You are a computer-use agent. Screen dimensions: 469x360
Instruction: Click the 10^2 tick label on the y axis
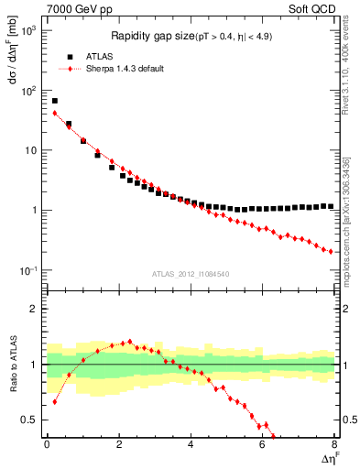pos(27,91)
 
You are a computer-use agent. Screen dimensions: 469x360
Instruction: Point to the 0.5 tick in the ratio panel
pos(31,420)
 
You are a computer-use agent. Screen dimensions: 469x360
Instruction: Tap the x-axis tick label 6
pos(263,446)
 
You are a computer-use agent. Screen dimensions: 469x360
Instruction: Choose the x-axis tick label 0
pos(47,446)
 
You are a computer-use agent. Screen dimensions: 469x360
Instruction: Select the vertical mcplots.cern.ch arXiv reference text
pos(347,215)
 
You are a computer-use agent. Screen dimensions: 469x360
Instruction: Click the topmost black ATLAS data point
pos(55,101)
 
